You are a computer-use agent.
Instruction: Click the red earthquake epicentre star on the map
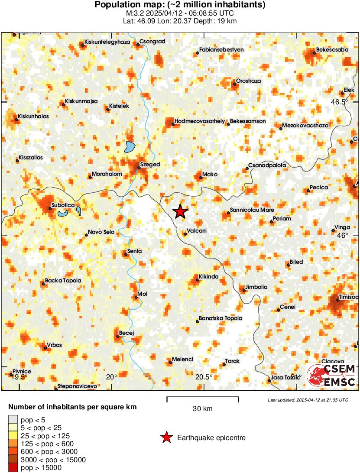click(180, 211)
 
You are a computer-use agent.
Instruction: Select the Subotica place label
click(63, 205)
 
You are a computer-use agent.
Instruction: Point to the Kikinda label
click(208, 277)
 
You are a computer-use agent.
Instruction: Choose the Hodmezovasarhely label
click(200, 121)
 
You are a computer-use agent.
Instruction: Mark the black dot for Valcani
click(185, 234)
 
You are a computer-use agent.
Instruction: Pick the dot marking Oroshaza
click(234, 84)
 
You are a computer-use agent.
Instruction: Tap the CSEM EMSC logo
click(331, 375)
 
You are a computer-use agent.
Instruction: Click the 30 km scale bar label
click(202, 408)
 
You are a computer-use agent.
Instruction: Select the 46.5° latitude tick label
click(340, 102)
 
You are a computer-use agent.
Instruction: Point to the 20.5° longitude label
click(204, 377)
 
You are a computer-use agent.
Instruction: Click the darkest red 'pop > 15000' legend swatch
click(14, 467)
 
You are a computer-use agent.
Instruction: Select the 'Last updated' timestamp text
click(308, 400)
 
